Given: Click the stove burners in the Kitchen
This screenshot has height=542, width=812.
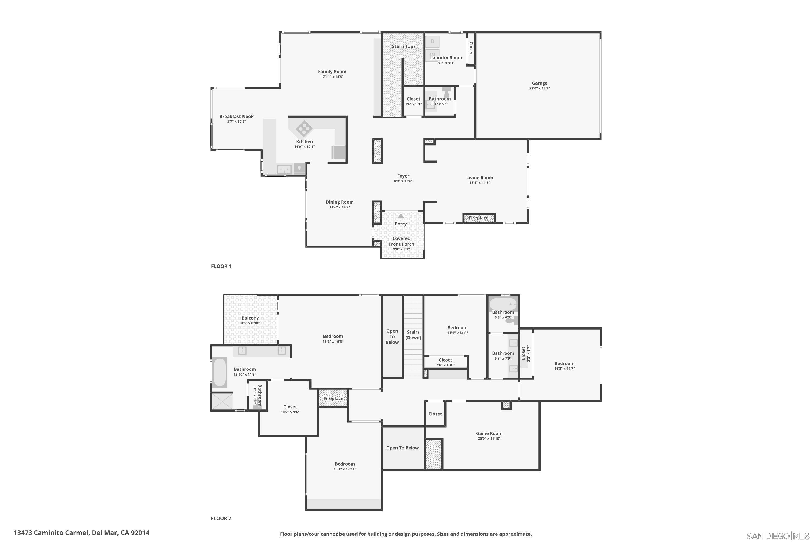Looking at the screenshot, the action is [x=304, y=128].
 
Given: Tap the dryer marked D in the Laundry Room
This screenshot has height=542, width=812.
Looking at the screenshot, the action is [x=432, y=41].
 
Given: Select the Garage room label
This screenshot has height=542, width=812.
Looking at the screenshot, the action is [x=540, y=83].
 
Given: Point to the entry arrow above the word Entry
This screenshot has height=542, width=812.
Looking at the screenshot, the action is [x=401, y=216].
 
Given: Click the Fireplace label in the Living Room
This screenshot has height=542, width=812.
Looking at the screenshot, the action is [x=479, y=218].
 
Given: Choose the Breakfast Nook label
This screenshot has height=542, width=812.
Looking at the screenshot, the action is [x=237, y=117].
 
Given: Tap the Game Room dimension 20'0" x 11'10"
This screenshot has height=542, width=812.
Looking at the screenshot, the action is [x=489, y=439].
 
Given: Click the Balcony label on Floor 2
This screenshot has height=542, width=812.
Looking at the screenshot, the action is [x=250, y=318].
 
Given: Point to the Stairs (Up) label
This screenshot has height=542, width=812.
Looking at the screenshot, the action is [x=403, y=46].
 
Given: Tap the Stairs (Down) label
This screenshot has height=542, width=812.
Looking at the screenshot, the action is [x=413, y=335].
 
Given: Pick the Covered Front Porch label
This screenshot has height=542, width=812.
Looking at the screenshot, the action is [x=401, y=241].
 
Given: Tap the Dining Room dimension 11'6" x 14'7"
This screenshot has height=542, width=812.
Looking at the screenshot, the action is [x=340, y=207].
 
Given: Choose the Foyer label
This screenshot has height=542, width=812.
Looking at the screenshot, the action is [x=403, y=176].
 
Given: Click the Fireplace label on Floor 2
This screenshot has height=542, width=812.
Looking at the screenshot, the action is [x=333, y=399].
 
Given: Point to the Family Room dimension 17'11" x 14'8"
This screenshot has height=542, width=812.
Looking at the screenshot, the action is [x=332, y=77].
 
